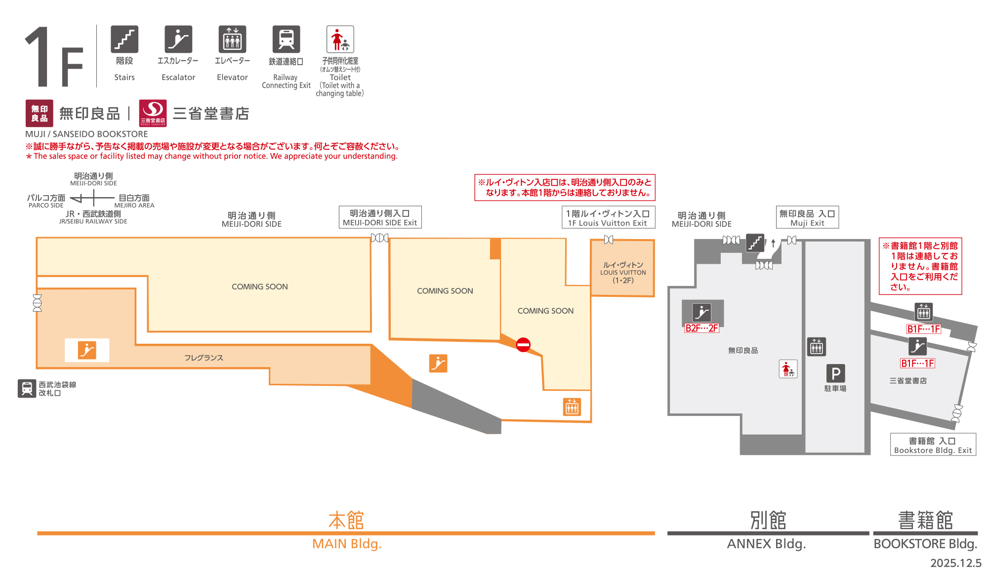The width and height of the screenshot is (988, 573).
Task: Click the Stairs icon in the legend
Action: (124, 39)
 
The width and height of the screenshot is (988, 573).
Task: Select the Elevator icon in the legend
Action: (232, 39)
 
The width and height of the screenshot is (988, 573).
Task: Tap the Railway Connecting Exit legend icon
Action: (286, 39)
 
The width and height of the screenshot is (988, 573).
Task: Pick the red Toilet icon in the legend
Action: (340, 39)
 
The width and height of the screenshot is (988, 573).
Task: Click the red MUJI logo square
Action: (40, 113)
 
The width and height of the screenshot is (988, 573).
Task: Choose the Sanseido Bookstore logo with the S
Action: (153, 113)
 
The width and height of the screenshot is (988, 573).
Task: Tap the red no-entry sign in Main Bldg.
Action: (523, 344)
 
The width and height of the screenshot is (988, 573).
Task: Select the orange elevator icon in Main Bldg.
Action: (572, 407)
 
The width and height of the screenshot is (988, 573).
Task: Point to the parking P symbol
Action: (835, 373)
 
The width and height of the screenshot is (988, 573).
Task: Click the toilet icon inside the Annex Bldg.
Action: (788, 369)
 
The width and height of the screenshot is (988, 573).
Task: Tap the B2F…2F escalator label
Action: (701, 328)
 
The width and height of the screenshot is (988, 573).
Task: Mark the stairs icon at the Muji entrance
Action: (755, 243)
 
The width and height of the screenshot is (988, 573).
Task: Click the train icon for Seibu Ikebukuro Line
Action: (27, 388)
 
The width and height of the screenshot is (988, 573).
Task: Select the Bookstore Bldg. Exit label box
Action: (933, 445)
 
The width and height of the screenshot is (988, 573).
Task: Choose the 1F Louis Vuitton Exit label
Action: (608, 217)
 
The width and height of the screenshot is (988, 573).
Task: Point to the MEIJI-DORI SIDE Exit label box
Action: (380, 217)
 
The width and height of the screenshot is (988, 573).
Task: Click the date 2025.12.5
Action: (955, 563)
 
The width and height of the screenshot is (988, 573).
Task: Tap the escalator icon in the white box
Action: (87, 350)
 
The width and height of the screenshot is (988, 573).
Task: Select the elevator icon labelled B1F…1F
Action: (924, 312)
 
